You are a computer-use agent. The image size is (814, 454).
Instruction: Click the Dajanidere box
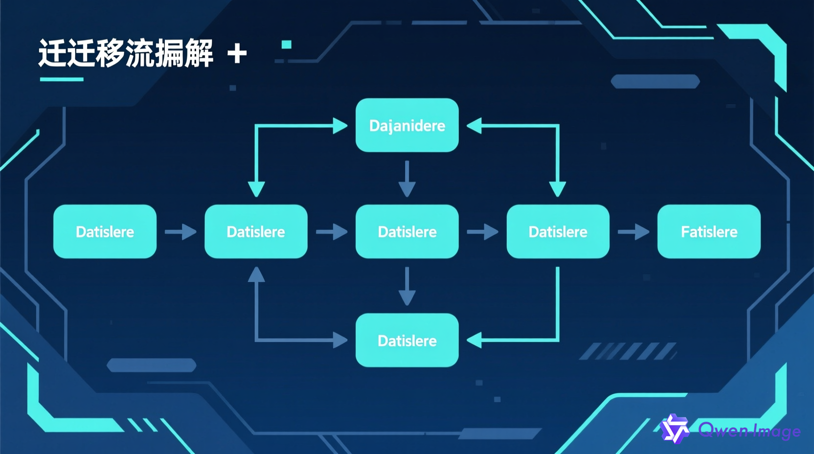pos(407,125)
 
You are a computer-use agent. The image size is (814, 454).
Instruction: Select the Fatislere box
pos(709,231)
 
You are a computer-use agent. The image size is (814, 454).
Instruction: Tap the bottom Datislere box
pos(407,340)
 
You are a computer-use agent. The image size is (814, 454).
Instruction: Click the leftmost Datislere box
pos(105,231)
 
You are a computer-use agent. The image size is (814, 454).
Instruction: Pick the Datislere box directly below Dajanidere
pos(407,231)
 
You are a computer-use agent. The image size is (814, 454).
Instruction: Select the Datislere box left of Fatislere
pos(558,231)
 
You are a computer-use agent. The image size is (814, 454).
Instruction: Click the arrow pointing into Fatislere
pos(633,231)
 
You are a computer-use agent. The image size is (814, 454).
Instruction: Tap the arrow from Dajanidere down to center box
pos(407,179)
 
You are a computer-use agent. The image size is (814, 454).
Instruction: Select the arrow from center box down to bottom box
pos(407,287)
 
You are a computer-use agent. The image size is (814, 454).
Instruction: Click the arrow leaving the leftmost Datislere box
pos(181,231)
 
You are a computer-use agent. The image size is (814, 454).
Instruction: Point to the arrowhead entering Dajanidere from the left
pos(340,126)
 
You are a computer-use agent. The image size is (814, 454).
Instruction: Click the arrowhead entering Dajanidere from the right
pos(475,126)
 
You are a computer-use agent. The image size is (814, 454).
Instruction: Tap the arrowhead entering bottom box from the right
pos(475,340)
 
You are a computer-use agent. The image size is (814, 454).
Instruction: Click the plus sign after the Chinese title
pos(237,53)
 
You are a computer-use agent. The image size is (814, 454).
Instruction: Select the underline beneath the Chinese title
pos(62,79)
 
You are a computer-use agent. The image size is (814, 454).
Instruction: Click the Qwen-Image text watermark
pos(749,431)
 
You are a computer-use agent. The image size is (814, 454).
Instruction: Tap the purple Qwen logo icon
pos(675,429)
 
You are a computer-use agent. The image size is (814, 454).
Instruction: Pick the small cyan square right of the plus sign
pos(287,45)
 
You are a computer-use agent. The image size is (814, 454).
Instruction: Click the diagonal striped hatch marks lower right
pos(628,351)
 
